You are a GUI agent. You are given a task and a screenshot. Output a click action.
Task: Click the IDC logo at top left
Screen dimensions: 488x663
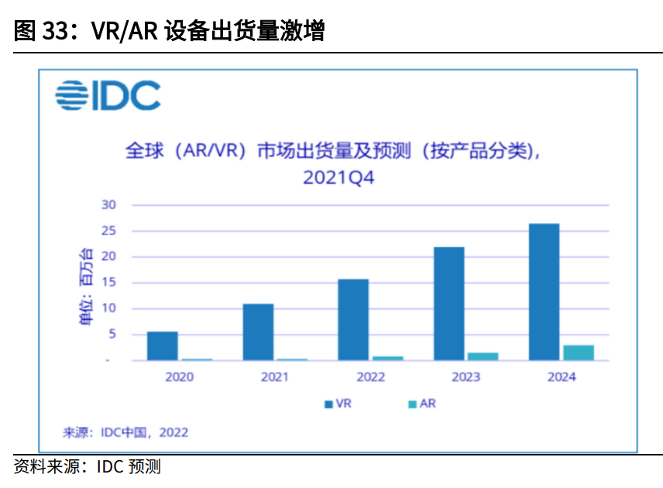[x=108, y=95]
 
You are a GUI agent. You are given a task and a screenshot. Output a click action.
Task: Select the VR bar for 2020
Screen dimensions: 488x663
[x=162, y=345]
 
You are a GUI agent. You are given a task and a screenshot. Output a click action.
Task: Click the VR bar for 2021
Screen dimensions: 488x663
[x=258, y=332]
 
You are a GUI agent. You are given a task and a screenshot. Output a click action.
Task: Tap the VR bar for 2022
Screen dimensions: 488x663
[x=353, y=319]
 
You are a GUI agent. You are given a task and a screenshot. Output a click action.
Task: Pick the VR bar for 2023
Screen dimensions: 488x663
[x=449, y=304]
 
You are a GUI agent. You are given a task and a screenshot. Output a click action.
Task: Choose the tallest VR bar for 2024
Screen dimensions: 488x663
[x=544, y=292]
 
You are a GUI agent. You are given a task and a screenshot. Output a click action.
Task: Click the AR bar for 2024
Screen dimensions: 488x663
[x=579, y=352]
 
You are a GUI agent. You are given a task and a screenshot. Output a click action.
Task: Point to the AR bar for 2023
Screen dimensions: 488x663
[x=483, y=356]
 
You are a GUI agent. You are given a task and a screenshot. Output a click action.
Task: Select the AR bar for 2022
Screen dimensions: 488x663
[x=387, y=358]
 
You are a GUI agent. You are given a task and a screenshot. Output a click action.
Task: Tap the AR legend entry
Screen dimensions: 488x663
[x=422, y=404]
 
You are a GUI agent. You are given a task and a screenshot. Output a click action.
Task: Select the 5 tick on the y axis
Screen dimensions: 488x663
[x=111, y=335]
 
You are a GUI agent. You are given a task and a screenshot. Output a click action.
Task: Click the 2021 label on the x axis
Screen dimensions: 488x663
[x=274, y=377]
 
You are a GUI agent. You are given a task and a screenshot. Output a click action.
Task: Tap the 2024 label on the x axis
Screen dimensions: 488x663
[x=562, y=377]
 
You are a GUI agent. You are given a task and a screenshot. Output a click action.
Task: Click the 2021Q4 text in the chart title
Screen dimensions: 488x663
[x=338, y=177]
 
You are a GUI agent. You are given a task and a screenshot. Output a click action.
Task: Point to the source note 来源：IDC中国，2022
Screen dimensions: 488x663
[x=125, y=432]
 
